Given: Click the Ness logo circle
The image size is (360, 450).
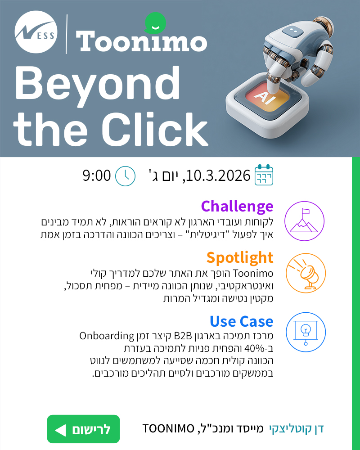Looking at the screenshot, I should pyautogui.click(x=35, y=34).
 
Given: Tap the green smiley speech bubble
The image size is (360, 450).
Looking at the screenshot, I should pyautogui.click(x=155, y=23).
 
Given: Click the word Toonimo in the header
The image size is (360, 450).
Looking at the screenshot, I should pyautogui.click(x=142, y=42).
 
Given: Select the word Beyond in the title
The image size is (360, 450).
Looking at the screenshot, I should pyautogui.click(x=97, y=83).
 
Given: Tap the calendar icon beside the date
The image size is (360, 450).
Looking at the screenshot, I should pyautogui.click(x=264, y=175).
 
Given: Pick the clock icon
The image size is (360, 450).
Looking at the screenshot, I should pyautogui.click(x=125, y=176).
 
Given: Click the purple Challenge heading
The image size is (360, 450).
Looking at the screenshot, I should pyautogui.click(x=237, y=207).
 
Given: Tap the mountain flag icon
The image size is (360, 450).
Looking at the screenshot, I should pyautogui.click(x=305, y=221).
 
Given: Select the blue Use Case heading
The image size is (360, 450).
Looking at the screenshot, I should pyautogui.click(x=241, y=321).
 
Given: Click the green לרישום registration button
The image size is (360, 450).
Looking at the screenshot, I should pyautogui.click(x=83, y=429).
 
